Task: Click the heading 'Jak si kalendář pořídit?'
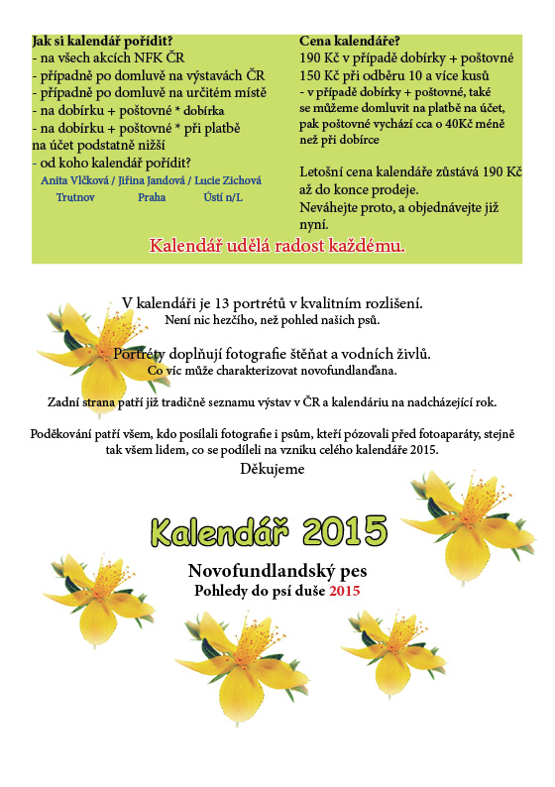(x=97, y=42)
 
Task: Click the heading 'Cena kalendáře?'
(x=349, y=42)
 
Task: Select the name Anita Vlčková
(x=74, y=180)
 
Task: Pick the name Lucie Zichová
(x=227, y=180)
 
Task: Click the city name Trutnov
(x=75, y=197)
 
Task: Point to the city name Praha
(x=152, y=197)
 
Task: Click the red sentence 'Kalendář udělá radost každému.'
(x=277, y=245)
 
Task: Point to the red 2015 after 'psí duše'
(x=345, y=591)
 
